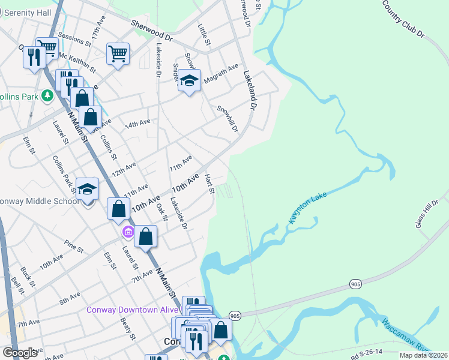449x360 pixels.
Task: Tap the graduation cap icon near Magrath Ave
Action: click(x=189, y=82)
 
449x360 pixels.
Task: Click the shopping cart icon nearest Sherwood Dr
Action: click(x=118, y=53)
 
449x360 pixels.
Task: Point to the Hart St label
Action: click(x=209, y=184)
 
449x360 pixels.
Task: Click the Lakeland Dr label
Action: click(x=250, y=91)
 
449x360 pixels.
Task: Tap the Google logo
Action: click(x=20, y=353)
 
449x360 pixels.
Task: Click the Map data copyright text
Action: click(x=423, y=355)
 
